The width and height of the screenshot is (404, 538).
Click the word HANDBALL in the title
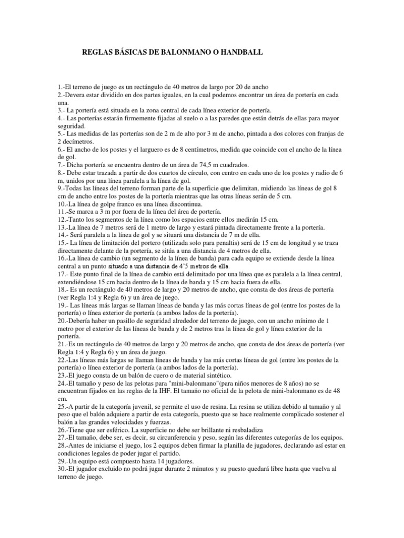pos(240,53)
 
